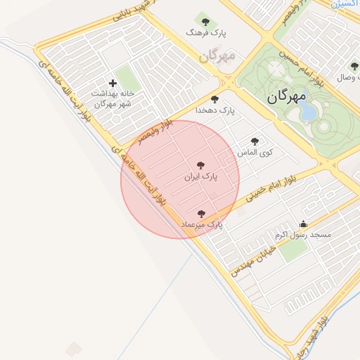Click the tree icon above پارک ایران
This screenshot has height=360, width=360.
click(x=201, y=165)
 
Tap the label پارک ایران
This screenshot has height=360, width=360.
click(x=201, y=177)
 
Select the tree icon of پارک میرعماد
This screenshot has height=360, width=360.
click(x=201, y=213)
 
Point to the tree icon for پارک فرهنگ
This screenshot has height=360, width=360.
click(x=205, y=21)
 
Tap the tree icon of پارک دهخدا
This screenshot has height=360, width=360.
click(x=214, y=99)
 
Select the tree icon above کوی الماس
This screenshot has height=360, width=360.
click(x=255, y=141)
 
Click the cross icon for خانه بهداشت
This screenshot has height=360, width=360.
click(x=112, y=83)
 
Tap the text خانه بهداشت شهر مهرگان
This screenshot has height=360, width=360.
click(x=112, y=98)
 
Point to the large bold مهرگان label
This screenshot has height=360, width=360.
click(x=287, y=96)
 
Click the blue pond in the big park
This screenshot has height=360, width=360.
click(x=308, y=112)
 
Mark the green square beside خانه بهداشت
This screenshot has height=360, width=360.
click(x=127, y=77)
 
